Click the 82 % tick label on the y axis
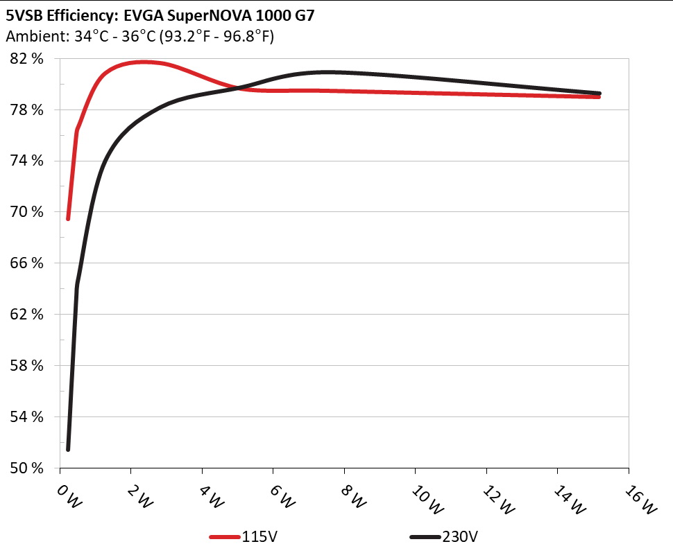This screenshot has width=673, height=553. point(28,59)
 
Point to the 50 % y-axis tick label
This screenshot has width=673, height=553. point(28,468)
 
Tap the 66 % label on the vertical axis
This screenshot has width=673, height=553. point(28,263)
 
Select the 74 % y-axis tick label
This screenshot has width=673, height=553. point(28,161)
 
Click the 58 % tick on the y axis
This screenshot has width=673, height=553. point(28,365)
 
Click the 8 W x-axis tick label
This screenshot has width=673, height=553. point(352,497)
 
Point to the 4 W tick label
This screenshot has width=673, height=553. point(210,497)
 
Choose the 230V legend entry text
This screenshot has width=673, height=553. point(461,537)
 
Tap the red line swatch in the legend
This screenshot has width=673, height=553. point(225,537)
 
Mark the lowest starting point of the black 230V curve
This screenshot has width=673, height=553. point(68,449)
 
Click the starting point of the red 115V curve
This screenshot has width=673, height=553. point(68,218)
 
